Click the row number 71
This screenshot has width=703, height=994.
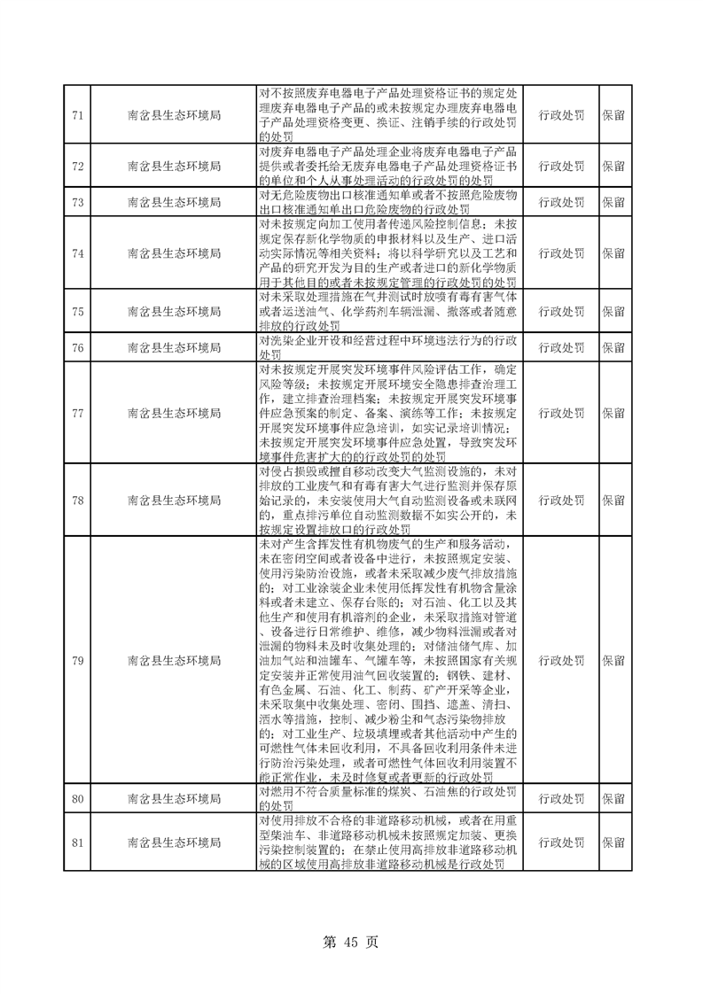[x=77, y=115]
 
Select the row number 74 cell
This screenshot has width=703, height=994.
[x=77, y=253]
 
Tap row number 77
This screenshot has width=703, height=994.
[x=77, y=413]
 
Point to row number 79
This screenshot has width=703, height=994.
[x=77, y=660]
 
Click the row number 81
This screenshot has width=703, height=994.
[x=77, y=842]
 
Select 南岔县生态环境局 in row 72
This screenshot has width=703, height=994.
[x=174, y=166]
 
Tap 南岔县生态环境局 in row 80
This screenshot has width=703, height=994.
[x=174, y=799]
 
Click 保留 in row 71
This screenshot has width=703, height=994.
[x=613, y=115]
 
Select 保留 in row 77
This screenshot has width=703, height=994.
[x=613, y=413]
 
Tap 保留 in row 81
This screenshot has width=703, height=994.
[x=613, y=842]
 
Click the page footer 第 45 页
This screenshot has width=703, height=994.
[x=351, y=942]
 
